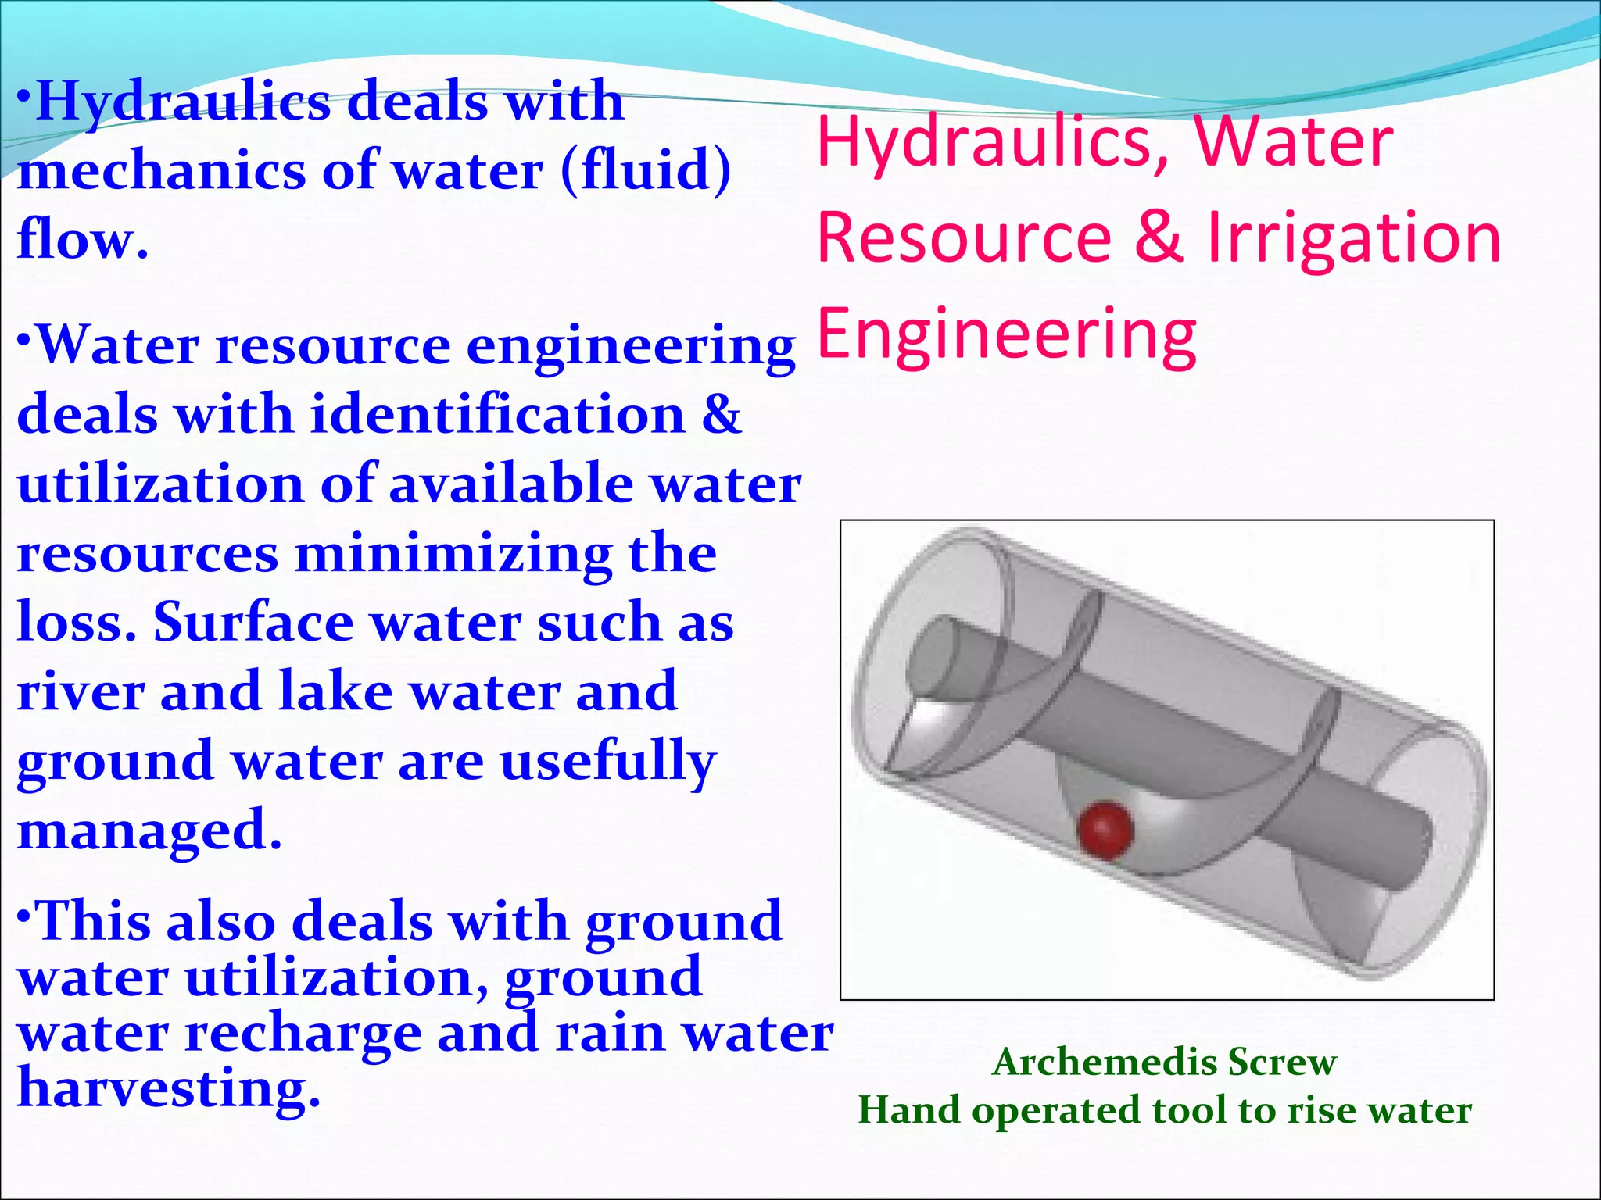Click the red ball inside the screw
point(1105,829)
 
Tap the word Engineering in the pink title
point(1007,334)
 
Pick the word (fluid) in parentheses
point(646,170)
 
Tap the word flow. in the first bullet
point(82,239)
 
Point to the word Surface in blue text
point(253,623)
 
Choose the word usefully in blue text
point(607,762)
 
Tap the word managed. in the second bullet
point(149,830)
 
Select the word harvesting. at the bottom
point(169,1088)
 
